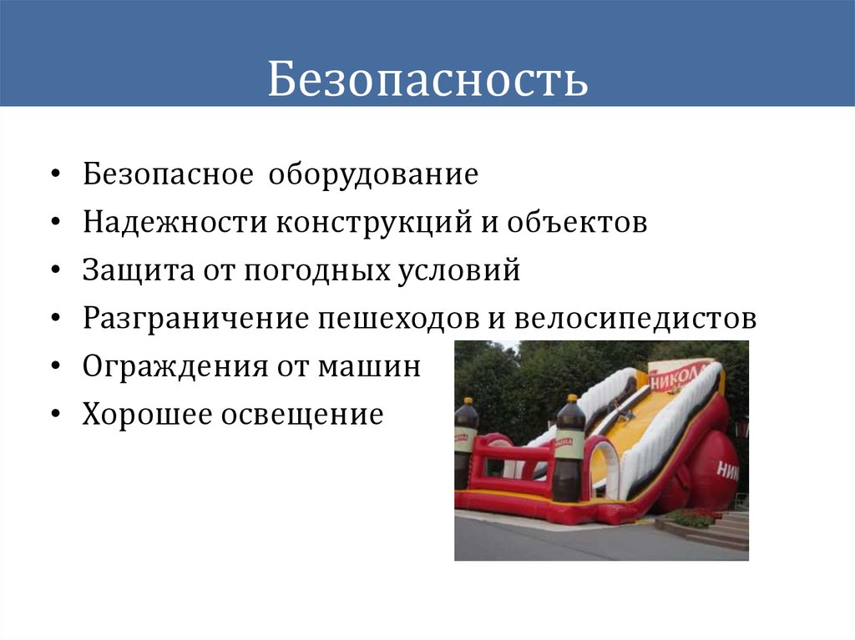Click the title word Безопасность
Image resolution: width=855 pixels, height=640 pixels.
point(427,81)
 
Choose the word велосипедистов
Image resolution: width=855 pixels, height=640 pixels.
point(635,319)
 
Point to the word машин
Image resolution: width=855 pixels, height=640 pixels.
point(367,366)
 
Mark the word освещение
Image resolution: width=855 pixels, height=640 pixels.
point(301,414)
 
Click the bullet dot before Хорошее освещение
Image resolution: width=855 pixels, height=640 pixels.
point(54,415)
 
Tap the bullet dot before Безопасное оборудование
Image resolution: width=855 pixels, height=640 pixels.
point(54,176)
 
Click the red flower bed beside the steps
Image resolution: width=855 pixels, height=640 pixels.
point(692,517)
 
